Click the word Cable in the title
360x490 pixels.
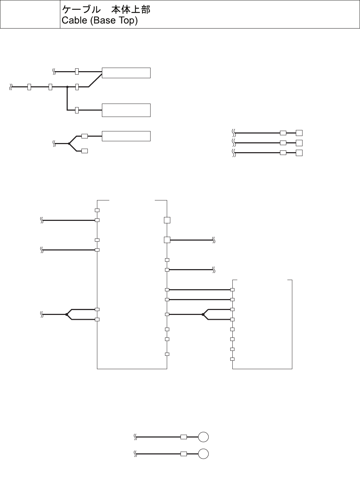click(74, 20)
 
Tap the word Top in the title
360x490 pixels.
click(127, 20)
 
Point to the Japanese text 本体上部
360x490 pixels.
click(131, 9)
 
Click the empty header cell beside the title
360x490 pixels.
click(30, 14)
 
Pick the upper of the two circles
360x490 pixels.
click(203, 437)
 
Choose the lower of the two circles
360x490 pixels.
click(203, 454)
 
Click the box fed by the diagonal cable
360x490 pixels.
click(126, 73)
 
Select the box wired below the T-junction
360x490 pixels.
click(126, 110)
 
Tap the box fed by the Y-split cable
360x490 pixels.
click(126, 136)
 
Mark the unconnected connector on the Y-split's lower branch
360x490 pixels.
click(85, 151)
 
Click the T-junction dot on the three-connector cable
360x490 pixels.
click(67, 87)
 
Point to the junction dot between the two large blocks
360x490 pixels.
click(203, 314)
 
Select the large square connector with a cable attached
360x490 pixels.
click(167, 240)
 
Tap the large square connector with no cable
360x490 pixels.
click(167, 220)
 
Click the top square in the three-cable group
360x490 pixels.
click(299, 133)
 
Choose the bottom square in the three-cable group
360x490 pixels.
click(299, 153)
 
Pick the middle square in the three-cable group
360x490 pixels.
click(299, 143)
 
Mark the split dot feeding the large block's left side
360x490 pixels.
click(67, 314)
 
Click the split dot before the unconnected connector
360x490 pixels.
click(69, 143)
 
